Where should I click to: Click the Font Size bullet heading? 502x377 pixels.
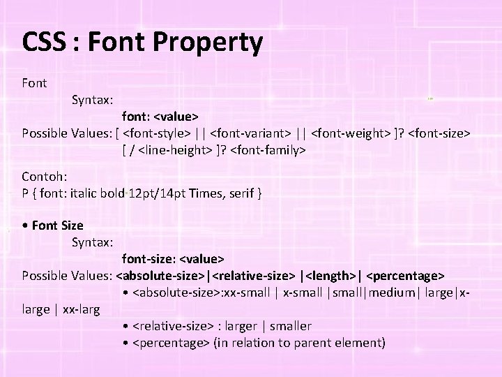coord(56,226)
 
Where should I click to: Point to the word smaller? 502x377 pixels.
coord(288,326)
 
